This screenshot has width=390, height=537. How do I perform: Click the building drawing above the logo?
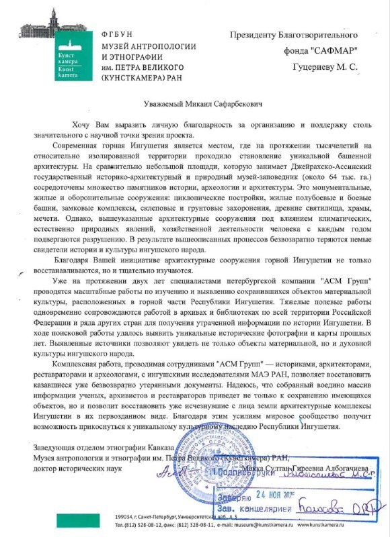[57, 23]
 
